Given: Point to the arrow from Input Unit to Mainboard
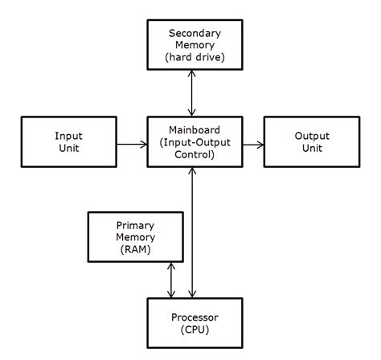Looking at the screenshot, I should [131, 145].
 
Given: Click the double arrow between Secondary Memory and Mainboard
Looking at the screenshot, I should [190, 92].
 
